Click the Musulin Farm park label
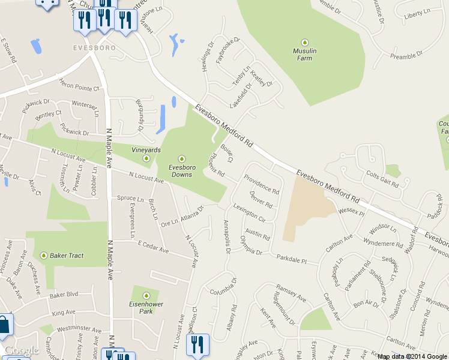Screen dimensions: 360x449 coord(305,55)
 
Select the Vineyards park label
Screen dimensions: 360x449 coord(146,150)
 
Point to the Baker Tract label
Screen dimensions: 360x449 coord(67,256)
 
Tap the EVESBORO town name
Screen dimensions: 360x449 coord(92,47)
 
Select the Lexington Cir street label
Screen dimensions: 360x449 coord(249,212)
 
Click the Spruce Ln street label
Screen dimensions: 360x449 coord(130,198)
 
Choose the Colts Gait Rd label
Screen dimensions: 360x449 coord(382,179)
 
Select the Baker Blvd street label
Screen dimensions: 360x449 coord(65,295)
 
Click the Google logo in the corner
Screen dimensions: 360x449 coord(22,350)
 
